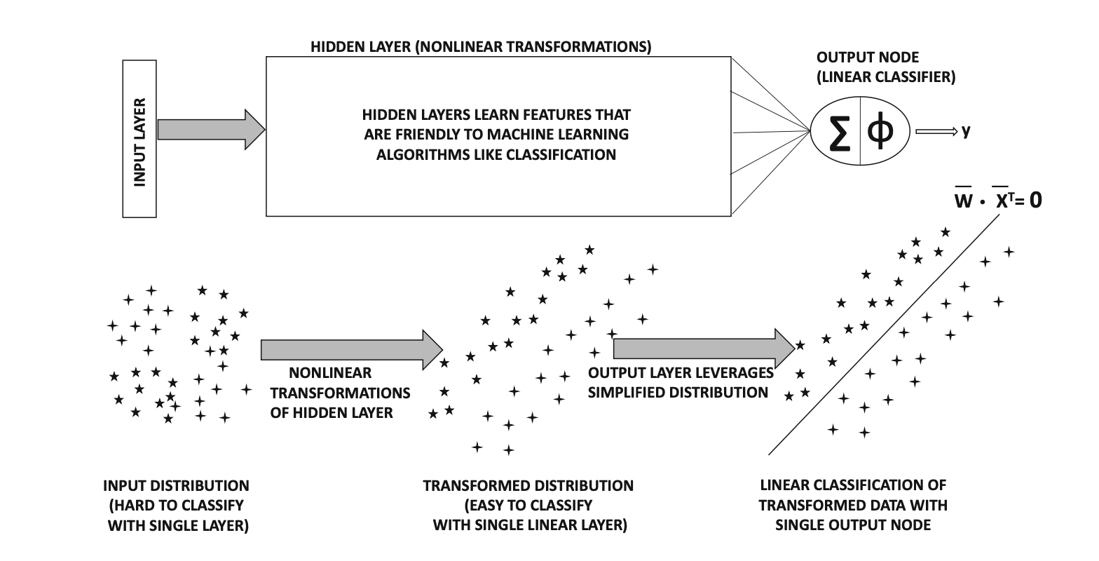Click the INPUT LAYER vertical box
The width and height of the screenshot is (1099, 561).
139,139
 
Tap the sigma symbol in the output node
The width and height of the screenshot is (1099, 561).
837,133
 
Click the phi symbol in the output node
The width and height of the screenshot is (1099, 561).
881,132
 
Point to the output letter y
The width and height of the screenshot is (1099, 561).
966,130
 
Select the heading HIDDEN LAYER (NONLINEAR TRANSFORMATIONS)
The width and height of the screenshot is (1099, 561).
481,48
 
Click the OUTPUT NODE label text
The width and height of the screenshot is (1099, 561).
867,58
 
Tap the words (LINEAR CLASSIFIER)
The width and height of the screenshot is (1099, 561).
885,77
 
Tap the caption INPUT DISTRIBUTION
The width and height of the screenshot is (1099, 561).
176,485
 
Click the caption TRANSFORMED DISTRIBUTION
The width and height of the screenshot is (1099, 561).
528,485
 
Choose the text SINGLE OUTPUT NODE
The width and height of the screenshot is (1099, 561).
853,525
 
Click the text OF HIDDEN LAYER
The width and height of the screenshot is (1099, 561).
332,412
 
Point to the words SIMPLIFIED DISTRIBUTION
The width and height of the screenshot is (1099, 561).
678,393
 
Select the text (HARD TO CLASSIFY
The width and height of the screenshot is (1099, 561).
175,505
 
